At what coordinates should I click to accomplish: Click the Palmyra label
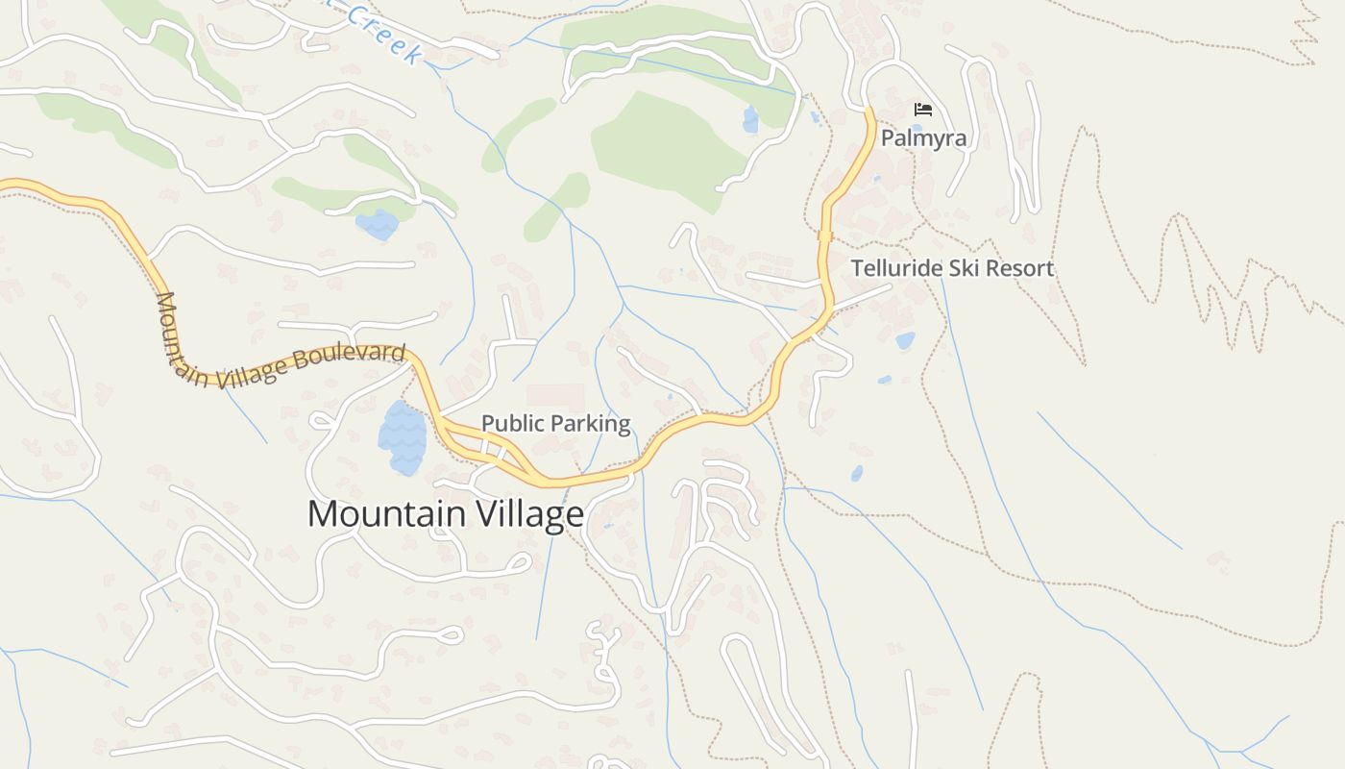coord(923,137)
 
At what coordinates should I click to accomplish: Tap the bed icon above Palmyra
coord(923,110)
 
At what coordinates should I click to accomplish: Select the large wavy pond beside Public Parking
coord(402,437)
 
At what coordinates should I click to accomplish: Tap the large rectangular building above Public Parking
coord(555,397)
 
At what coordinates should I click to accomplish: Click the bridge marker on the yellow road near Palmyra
coord(824,236)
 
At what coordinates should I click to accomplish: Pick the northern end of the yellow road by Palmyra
coord(869,112)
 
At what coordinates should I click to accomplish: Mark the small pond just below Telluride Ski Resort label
coord(905,340)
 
